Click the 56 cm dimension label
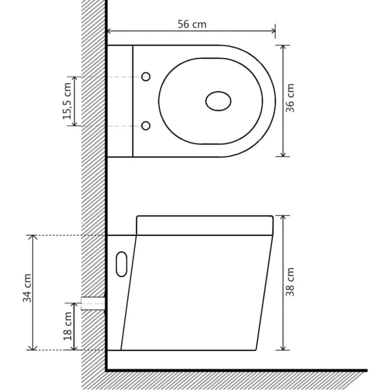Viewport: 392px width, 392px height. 192,24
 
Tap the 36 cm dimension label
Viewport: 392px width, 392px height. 290,98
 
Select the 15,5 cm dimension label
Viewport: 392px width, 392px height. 67,101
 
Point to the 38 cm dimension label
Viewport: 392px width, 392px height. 290,282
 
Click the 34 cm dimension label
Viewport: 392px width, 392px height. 27,288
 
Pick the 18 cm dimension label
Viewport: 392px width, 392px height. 68,326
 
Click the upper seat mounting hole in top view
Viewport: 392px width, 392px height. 146,77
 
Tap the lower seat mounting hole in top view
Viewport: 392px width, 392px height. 146,125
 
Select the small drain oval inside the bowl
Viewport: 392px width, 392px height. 218,101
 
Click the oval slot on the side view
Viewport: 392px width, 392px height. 122,264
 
